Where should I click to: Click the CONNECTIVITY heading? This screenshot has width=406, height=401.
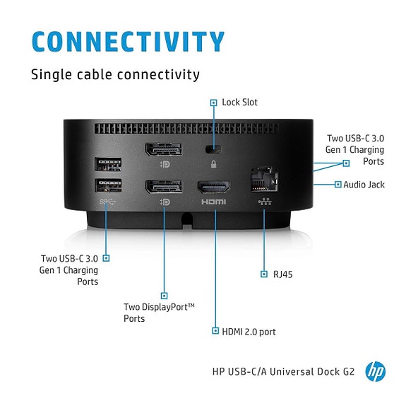pyautogui.click(x=128, y=42)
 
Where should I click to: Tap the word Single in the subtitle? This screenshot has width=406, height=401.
pyautogui.click(x=52, y=75)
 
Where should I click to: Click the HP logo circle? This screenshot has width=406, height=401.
pyautogui.click(x=375, y=372)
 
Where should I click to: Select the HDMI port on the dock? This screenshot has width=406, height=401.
pyautogui.click(x=214, y=187)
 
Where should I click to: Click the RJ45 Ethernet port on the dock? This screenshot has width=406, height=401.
pyautogui.click(x=264, y=180)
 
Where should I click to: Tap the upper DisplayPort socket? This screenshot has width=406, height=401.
pyautogui.click(x=164, y=149)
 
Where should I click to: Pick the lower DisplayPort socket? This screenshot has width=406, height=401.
pyautogui.click(x=164, y=187)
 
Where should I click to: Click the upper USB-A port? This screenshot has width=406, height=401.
pyautogui.click(x=108, y=164)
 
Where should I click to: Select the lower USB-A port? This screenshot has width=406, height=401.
pyautogui.click(x=108, y=185)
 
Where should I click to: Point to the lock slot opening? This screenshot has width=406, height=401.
pyautogui.click(x=214, y=149)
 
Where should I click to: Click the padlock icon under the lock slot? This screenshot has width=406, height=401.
pyautogui.click(x=213, y=164)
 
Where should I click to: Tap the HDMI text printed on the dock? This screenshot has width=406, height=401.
pyautogui.click(x=214, y=202)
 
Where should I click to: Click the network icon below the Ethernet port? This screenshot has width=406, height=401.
pyautogui.click(x=265, y=202)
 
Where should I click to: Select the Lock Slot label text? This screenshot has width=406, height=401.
pyautogui.click(x=239, y=103)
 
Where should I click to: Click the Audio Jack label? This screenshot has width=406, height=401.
pyautogui.click(x=364, y=185)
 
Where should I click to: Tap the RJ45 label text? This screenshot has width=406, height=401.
pyautogui.click(x=282, y=274)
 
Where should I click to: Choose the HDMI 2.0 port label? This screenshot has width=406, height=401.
pyautogui.click(x=249, y=332)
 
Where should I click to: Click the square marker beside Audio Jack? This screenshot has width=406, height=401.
pyautogui.click(x=338, y=185)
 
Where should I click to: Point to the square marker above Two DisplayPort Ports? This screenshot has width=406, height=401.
pyautogui.click(x=164, y=296)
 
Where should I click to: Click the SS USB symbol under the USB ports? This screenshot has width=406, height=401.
pyautogui.click(x=107, y=202)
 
